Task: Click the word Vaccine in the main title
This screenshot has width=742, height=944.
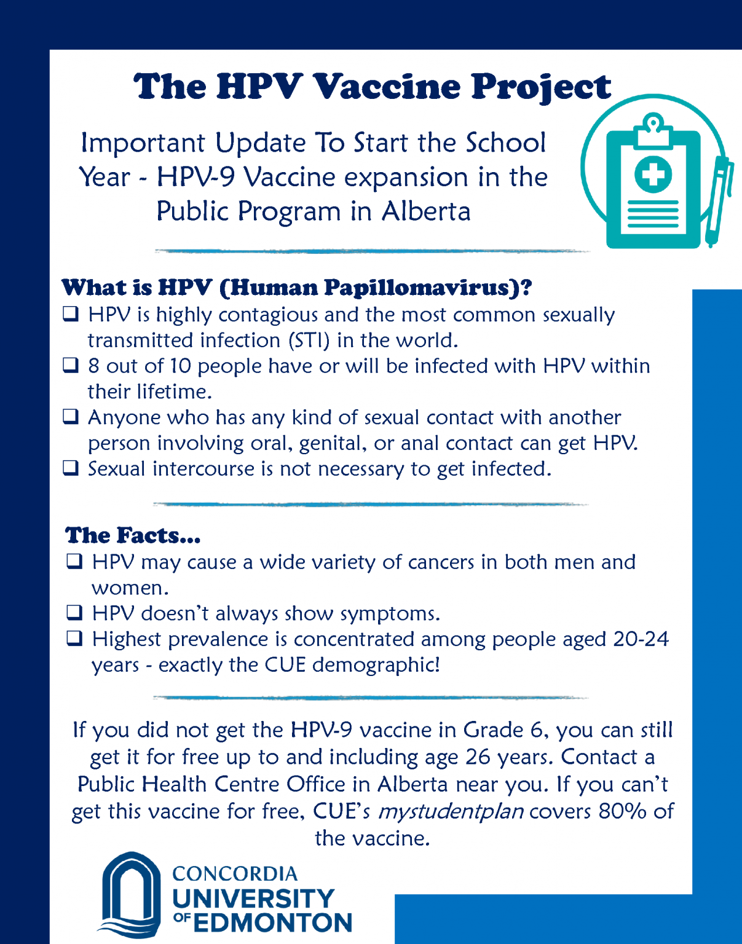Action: click(x=387, y=87)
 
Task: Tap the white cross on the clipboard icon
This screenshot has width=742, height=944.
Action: click(x=653, y=174)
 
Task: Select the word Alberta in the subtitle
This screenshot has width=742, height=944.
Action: click(x=425, y=211)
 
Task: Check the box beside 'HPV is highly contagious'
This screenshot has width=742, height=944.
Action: click(x=71, y=315)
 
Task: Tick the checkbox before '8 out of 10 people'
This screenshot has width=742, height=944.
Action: click(x=71, y=366)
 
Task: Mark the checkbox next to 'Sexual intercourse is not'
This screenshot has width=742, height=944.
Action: click(x=71, y=468)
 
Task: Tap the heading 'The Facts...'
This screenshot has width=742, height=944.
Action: click(x=133, y=535)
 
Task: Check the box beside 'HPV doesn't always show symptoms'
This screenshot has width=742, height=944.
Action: click(x=74, y=613)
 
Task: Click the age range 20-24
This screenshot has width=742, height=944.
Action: click(x=641, y=639)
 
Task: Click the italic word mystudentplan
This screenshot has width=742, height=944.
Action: click(x=451, y=811)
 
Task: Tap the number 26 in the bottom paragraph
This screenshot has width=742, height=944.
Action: click(x=478, y=757)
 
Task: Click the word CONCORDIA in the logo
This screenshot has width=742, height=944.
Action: click(x=235, y=873)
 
